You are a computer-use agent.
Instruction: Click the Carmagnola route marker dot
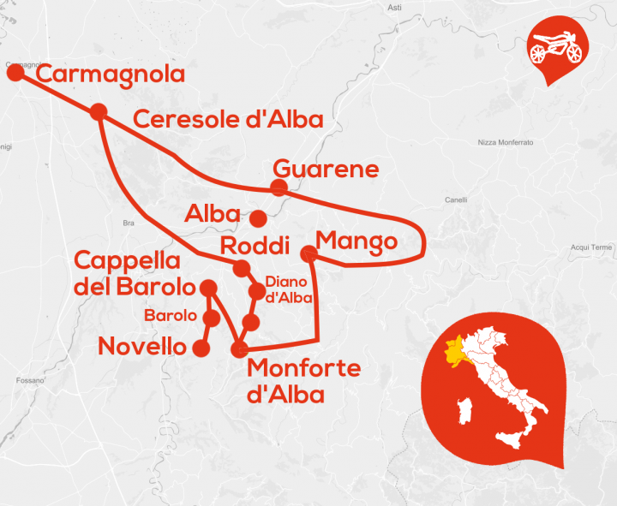pos(15,72)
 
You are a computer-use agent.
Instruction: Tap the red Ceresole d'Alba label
pos(229,119)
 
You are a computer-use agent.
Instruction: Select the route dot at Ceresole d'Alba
pos(98,111)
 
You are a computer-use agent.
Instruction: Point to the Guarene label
pos(325,169)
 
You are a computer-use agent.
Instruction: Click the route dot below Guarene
pos(279,188)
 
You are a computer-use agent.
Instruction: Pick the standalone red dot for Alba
pos(258,217)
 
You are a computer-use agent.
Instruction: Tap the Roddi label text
pos(256,247)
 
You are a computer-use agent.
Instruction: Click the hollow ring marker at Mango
pos(309,253)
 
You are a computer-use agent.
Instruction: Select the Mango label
pos(356,241)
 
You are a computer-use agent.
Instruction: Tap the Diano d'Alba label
pos(286,289)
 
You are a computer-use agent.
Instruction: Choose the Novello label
pos(142,347)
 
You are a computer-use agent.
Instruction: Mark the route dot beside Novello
pos(202,348)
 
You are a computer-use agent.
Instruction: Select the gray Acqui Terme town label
pos(592,247)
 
